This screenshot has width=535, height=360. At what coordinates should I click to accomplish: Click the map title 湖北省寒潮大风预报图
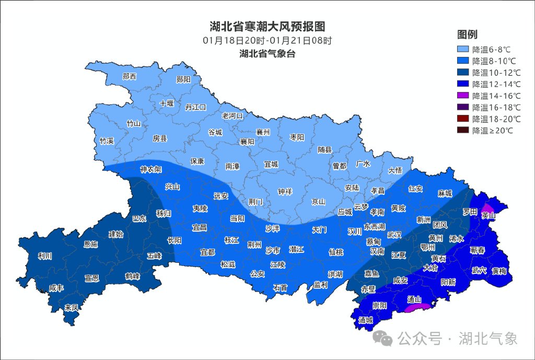click(267, 27)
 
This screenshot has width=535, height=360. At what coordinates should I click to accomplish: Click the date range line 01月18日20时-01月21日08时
click(267, 40)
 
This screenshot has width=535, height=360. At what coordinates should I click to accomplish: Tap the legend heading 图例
click(467, 35)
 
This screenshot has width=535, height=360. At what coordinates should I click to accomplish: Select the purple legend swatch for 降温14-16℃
click(463, 96)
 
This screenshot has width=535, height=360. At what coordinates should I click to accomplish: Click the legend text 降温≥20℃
click(492, 130)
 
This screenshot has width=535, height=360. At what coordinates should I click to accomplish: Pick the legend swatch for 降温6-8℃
click(463, 50)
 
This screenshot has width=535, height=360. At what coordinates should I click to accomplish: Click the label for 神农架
click(150, 170)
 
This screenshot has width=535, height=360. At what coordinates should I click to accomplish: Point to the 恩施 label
click(90, 244)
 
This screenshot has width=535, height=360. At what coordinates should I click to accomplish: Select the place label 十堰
click(167, 103)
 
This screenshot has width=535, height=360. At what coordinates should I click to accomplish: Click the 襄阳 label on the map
click(247, 142)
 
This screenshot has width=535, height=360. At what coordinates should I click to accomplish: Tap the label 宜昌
click(199, 228)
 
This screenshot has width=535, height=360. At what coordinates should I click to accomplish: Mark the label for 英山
click(488, 215)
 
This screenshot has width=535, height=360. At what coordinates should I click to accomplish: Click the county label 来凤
click(72, 307)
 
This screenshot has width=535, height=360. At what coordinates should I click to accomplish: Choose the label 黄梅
click(498, 271)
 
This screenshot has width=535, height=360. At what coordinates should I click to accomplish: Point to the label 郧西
click(129, 76)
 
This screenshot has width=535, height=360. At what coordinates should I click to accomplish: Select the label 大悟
click(395, 170)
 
